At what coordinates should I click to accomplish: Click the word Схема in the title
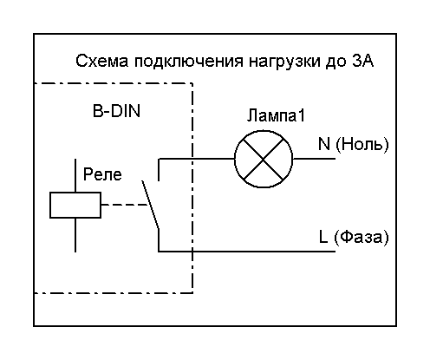coord(102,62)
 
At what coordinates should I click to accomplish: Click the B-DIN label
coord(116,111)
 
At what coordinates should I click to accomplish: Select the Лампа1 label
coord(276,115)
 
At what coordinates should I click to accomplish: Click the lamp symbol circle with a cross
coord(264,159)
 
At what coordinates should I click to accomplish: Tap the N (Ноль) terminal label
coord(354,144)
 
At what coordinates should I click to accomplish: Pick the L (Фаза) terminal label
coord(354,237)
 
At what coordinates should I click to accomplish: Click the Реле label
coord(102,174)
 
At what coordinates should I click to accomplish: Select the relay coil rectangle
coord(75,205)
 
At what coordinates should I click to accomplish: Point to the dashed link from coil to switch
coord(125,205)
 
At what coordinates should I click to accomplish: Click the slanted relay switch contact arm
coord(150,205)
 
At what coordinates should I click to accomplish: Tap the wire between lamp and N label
coord(314,159)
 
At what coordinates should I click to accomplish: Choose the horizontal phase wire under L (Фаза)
coord(247,252)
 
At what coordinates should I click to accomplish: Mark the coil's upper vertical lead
coord(75,175)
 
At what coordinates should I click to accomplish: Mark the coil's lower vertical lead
coord(75,235)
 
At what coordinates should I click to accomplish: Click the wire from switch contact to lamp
coord(197,159)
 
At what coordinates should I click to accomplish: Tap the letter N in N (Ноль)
coord(324,143)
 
